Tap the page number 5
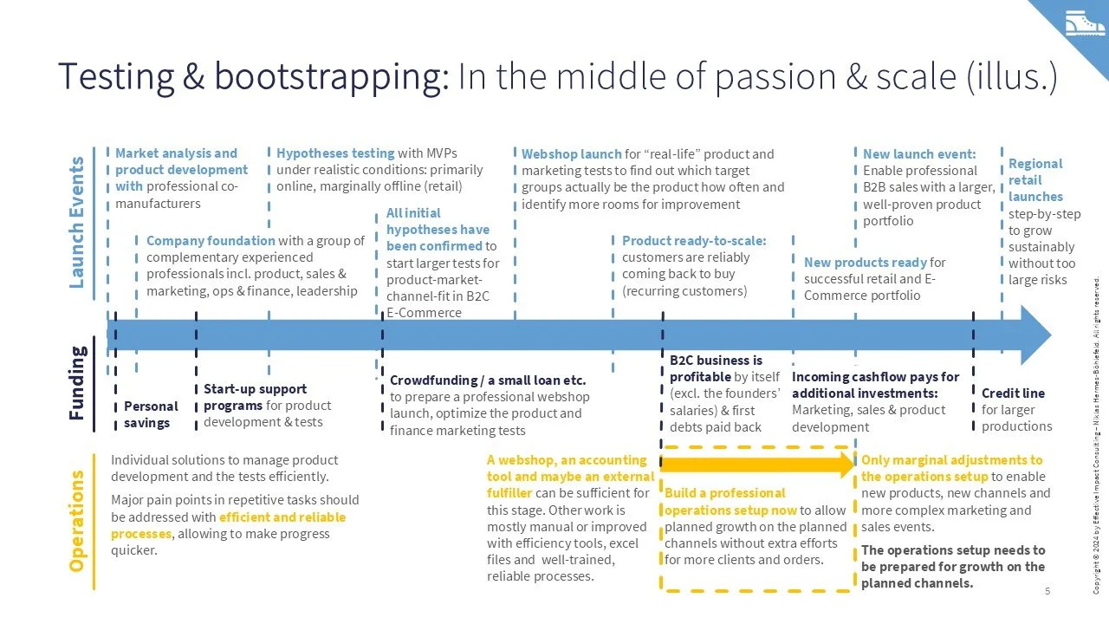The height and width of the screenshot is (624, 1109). tap(1047, 591)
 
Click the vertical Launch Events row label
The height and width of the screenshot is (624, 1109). tap(77, 222)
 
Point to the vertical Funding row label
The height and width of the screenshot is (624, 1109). tap(77, 383)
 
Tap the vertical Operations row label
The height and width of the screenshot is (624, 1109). tap(77, 521)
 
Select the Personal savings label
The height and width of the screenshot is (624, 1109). tap(151, 414)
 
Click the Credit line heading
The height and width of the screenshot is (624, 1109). tap(1013, 393)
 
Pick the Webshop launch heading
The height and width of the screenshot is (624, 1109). tap(571, 154)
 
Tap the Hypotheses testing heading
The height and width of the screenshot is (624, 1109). tap(335, 153)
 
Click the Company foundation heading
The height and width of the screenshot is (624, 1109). tap(211, 241)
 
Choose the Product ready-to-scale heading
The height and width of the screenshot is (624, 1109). tap(694, 241)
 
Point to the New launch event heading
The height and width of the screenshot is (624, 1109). tap(919, 154)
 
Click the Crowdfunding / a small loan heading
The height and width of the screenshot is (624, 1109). tap(488, 380)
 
